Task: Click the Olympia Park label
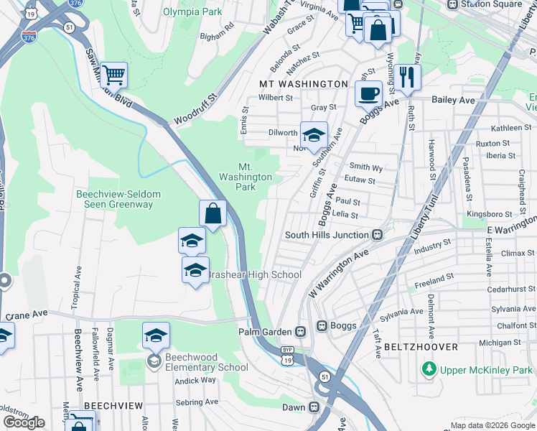pyautogui.click(x=192, y=12)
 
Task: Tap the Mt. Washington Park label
pyautogui.click(x=246, y=177)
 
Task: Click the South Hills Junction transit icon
pyautogui.click(x=376, y=235)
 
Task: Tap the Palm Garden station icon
pyautogui.click(x=301, y=332)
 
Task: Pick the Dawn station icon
pyautogui.click(x=314, y=407)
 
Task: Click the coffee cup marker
pyautogui.click(x=368, y=93)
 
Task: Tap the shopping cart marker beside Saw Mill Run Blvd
pyautogui.click(x=113, y=74)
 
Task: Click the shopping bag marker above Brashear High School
pyautogui.click(x=213, y=213)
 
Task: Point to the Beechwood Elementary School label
pyautogui.click(x=206, y=362)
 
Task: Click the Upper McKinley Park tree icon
pyautogui.click(x=429, y=369)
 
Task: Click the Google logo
pyautogui.click(x=24, y=422)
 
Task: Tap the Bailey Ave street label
pyautogui.click(x=453, y=101)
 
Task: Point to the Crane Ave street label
pyautogui.click(x=27, y=314)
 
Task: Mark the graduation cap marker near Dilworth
pyautogui.click(x=313, y=134)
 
